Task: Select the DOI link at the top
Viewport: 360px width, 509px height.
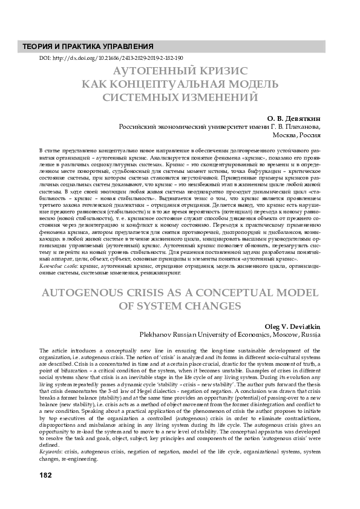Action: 111,58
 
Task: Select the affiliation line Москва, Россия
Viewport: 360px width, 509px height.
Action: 297,136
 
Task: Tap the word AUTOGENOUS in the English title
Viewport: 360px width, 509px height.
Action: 91,293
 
